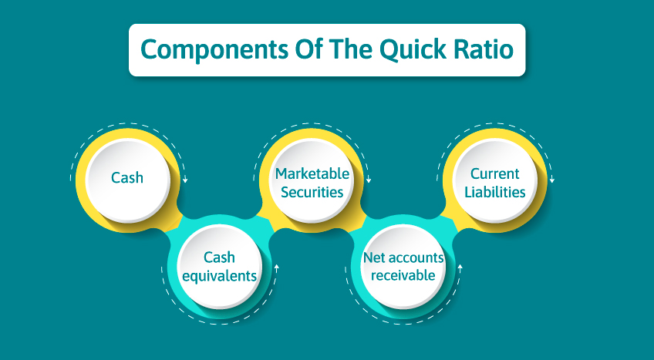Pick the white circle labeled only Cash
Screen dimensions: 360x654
pos(127,177)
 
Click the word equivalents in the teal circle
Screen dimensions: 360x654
pos(219,274)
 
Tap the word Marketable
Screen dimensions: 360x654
pos(312,173)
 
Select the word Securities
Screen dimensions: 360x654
pos(312,192)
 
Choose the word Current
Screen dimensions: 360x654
pos(495,173)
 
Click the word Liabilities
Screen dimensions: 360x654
pos(495,192)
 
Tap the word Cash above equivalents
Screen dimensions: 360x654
pos(219,257)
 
